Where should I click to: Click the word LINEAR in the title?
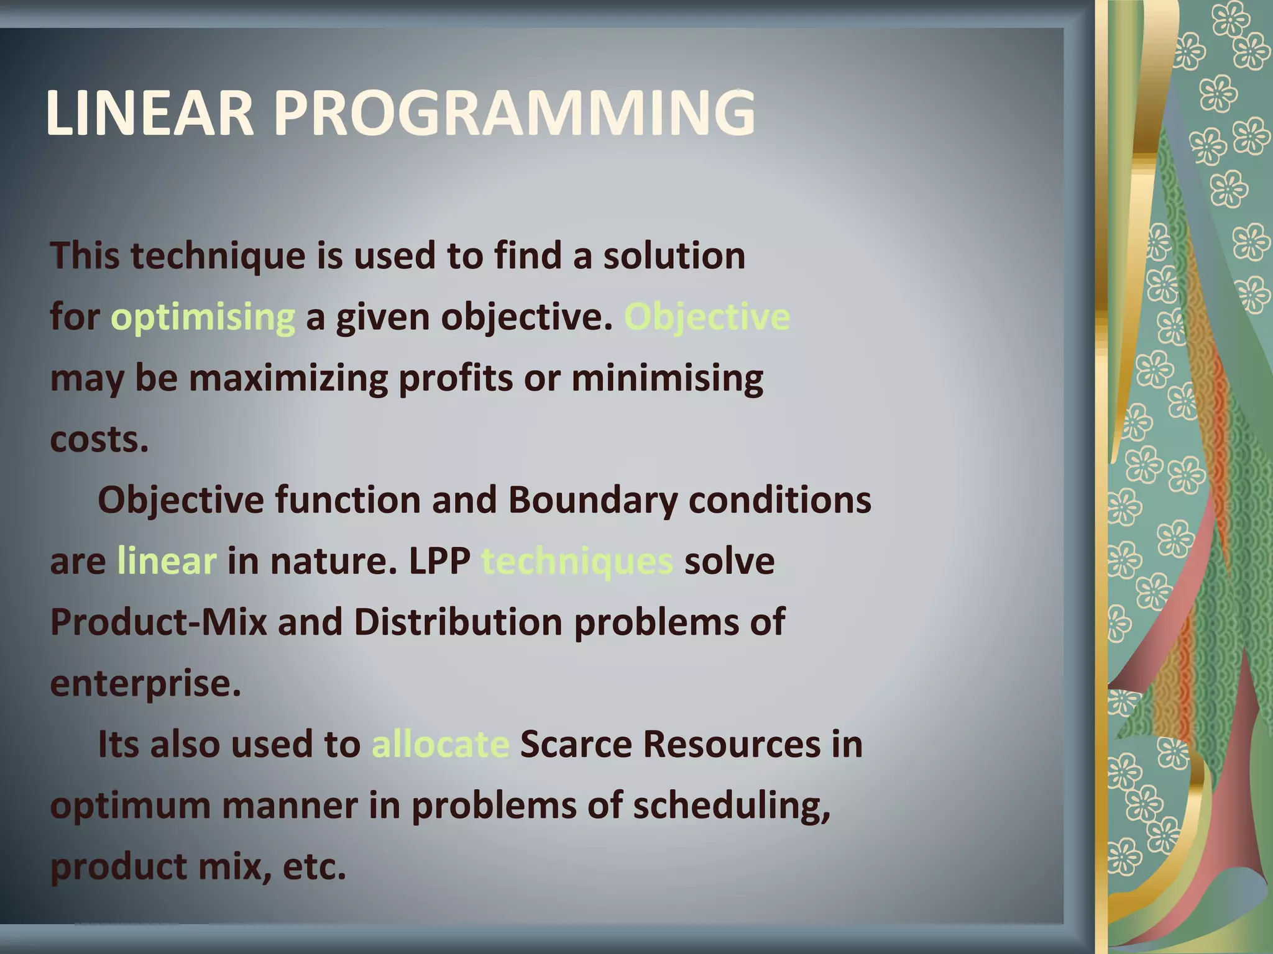click(x=150, y=113)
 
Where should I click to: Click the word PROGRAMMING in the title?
click(x=515, y=113)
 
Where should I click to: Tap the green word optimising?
click(x=203, y=317)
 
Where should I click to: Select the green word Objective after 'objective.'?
click(x=706, y=317)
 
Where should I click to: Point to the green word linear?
click(x=167, y=561)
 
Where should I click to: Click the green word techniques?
click(x=577, y=561)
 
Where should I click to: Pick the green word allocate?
click(x=440, y=744)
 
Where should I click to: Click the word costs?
click(x=99, y=439)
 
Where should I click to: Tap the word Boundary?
click(x=592, y=500)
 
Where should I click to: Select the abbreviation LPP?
click(x=439, y=561)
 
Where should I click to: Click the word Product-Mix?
click(x=159, y=622)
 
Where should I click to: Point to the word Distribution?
click(x=458, y=622)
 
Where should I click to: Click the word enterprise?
click(x=145, y=683)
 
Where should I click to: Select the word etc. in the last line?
click(x=314, y=866)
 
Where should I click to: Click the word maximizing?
click(x=288, y=378)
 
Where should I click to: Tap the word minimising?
click(x=667, y=378)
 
